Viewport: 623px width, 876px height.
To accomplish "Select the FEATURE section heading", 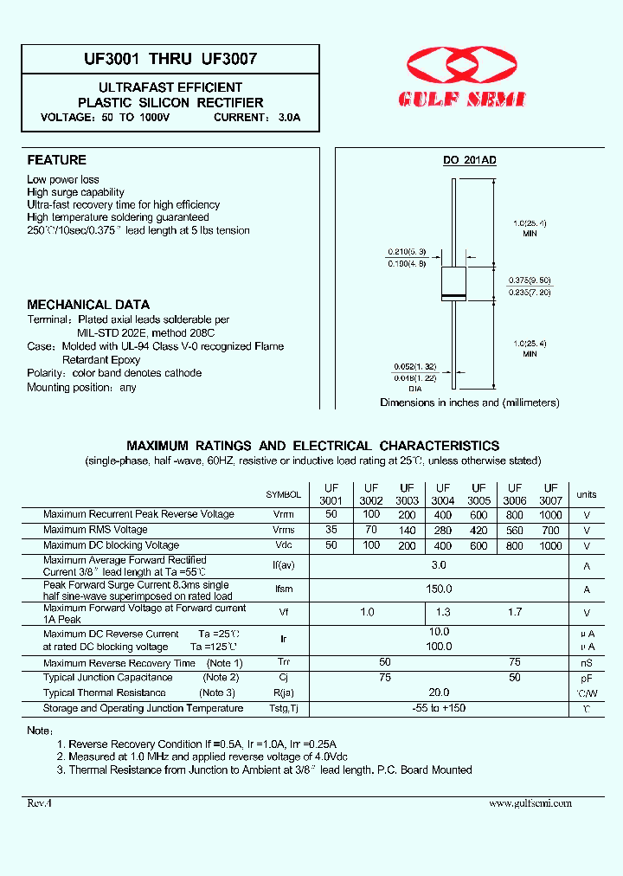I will coord(57,160).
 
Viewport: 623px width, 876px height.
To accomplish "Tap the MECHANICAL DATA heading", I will coord(88,305).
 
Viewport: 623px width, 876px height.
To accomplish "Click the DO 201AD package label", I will coord(469,161).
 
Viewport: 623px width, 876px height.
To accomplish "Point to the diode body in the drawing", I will coord(454,285).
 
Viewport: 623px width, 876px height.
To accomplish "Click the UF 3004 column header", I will coord(443,494).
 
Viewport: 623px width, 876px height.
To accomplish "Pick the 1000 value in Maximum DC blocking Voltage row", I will coord(550,545).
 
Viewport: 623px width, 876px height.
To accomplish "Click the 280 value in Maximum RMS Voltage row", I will coord(443,530).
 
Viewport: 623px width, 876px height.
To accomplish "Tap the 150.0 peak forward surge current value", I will coord(439,589).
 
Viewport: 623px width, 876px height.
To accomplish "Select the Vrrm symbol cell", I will coord(283,515).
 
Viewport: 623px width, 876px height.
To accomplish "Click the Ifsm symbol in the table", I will coord(283,589).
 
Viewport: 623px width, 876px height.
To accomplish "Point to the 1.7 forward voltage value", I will coord(515,613).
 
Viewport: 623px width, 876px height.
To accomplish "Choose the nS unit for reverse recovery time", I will coord(587,663).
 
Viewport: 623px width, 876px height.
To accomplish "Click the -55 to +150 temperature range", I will coord(439,709).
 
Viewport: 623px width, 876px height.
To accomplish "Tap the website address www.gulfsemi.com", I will coord(530,803).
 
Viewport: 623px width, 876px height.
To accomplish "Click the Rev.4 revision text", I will coord(40,803).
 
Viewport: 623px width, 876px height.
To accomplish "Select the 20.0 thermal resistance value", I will coord(439,692).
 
